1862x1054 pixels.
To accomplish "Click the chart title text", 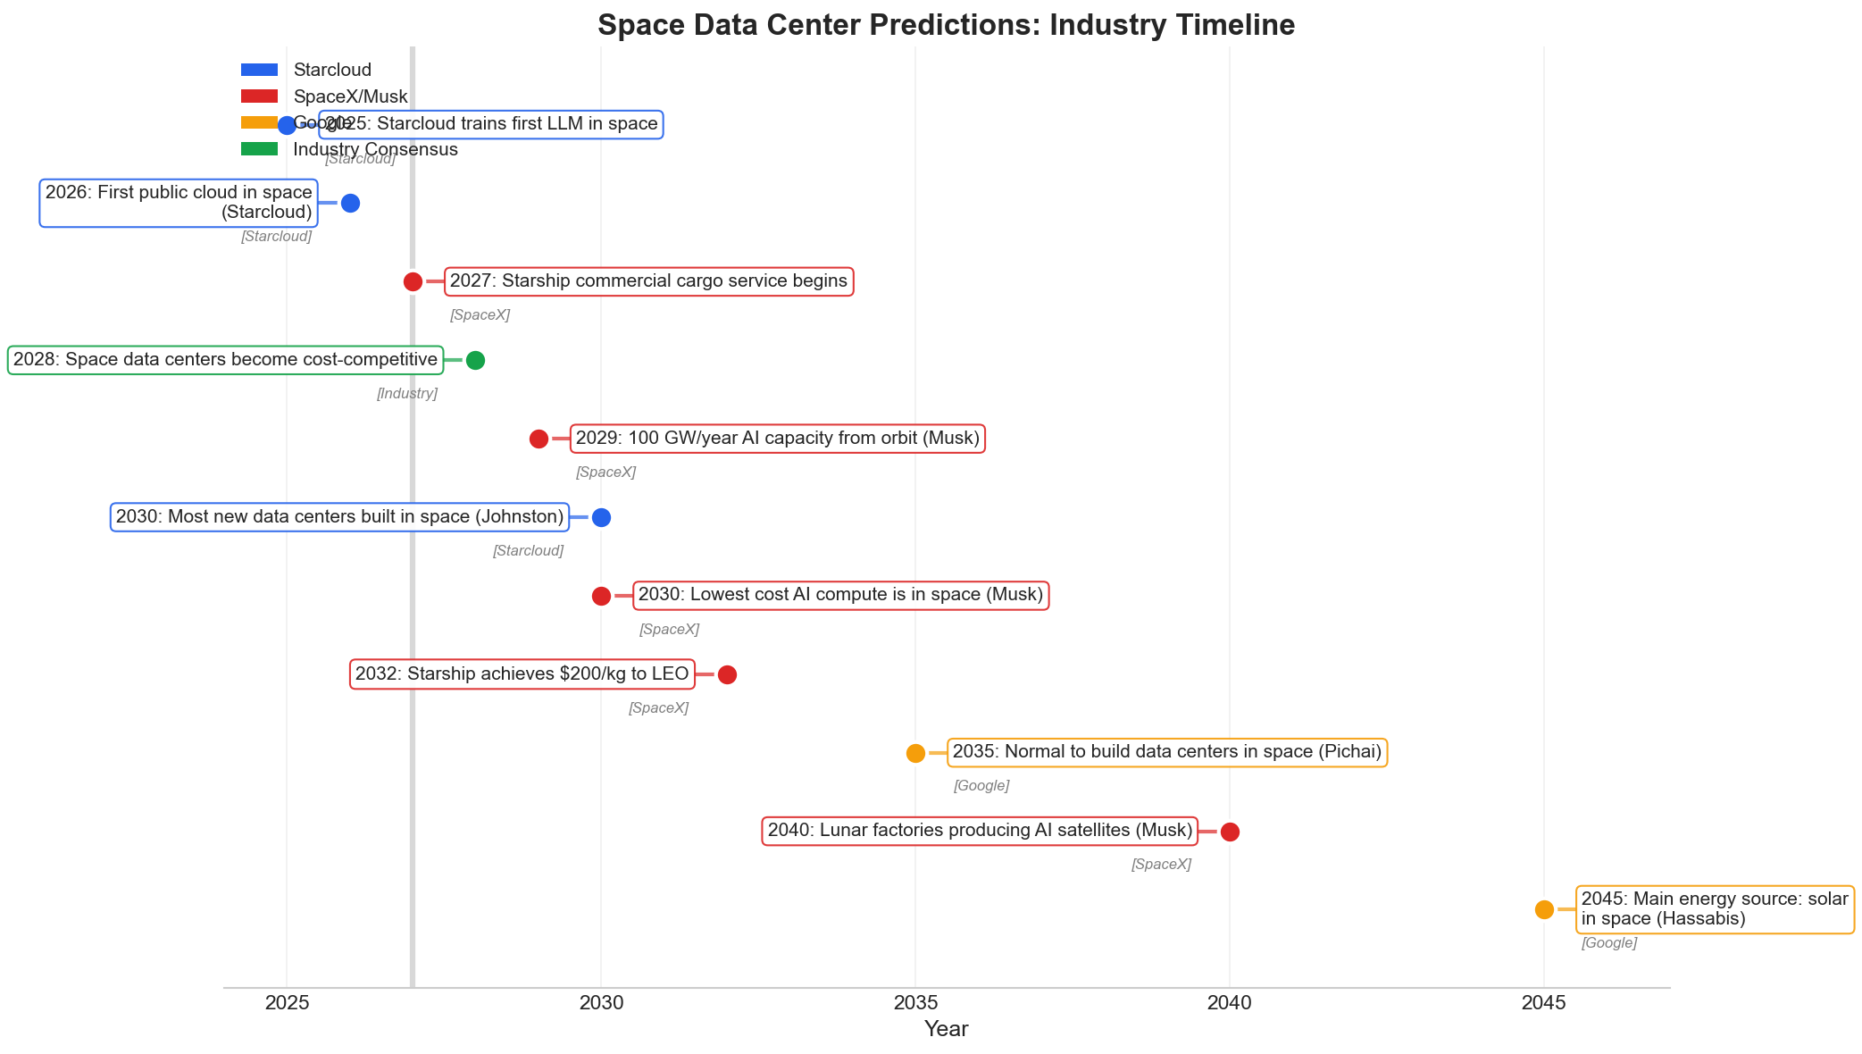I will (946, 25).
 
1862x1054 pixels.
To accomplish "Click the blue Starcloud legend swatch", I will (259, 70).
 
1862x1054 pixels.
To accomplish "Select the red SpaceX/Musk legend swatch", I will (259, 96).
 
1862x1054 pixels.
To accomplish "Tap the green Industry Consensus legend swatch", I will (259, 149).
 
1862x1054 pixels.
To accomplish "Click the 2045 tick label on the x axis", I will (1543, 1003).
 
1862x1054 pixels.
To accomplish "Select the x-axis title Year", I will (946, 1029).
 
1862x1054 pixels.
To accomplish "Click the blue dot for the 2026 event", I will (350, 204).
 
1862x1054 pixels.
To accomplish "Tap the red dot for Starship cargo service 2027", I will (413, 282).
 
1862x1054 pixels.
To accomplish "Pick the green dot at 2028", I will (475, 361).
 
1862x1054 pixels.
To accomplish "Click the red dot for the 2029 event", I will (539, 439).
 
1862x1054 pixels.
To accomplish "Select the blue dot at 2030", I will (601, 517).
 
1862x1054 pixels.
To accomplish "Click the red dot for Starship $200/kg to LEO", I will (727, 674).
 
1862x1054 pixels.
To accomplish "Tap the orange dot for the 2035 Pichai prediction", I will (915, 753).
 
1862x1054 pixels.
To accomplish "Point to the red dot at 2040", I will (1230, 832).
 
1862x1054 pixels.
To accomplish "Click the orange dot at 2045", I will (1544, 909).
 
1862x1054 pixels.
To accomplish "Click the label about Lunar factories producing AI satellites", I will (980, 831).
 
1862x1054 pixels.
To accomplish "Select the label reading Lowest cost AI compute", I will (840, 595).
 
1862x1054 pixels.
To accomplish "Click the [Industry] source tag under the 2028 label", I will (406, 394).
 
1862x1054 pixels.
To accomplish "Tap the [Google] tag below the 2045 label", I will (1608, 943).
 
